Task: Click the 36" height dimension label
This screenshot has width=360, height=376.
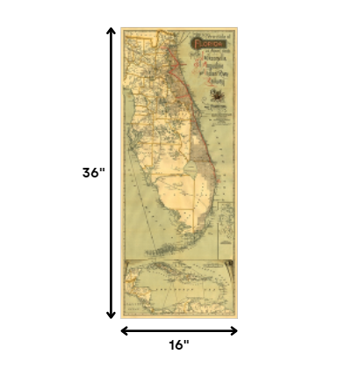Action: click(x=93, y=173)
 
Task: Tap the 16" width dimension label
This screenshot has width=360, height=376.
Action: click(x=179, y=346)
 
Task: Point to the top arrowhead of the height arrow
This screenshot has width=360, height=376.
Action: click(x=111, y=33)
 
